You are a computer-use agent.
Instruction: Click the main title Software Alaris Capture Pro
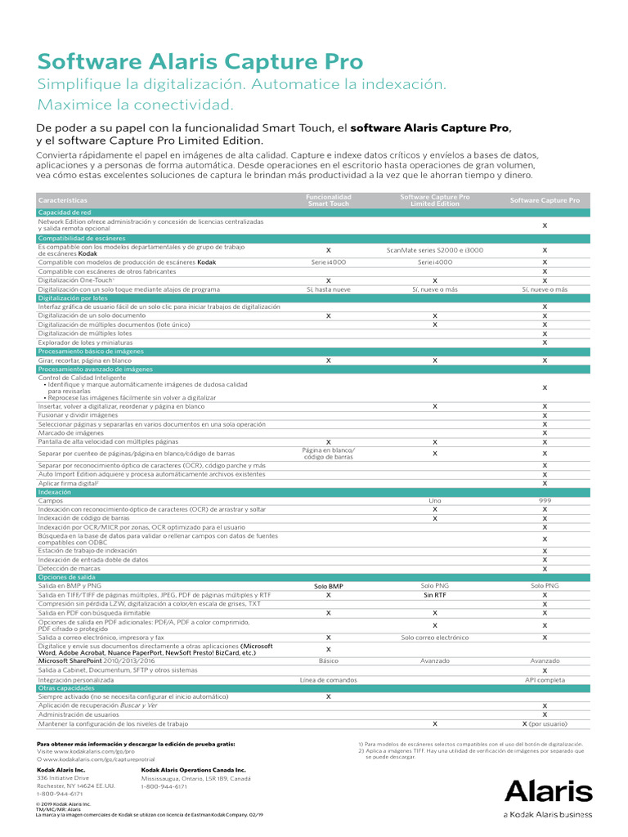[200, 63]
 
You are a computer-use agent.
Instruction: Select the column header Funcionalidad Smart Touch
[328, 200]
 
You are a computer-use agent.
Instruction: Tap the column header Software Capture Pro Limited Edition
[434, 200]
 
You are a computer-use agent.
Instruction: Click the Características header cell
[63, 200]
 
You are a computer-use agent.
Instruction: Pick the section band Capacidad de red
[58, 213]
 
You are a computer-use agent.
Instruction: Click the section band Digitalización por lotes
[73, 298]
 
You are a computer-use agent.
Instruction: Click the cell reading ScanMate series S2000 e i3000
[434, 250]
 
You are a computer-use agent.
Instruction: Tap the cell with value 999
[545, 500]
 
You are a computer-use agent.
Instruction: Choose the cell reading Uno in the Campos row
[434, 500]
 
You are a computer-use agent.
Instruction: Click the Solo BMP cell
[328, 586]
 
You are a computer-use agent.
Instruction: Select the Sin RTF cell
[434, 595]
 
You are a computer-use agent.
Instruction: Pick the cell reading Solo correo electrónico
[434, 637]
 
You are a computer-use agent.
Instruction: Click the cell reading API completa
[545, 679]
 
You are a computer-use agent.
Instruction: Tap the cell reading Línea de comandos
[328, 679]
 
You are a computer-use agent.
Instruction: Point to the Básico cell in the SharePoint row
[328, 660]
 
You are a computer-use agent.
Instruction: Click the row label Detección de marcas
[70, 569]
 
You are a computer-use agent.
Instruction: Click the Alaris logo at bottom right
[548, 790]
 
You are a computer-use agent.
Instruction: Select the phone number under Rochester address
[60, 794]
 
